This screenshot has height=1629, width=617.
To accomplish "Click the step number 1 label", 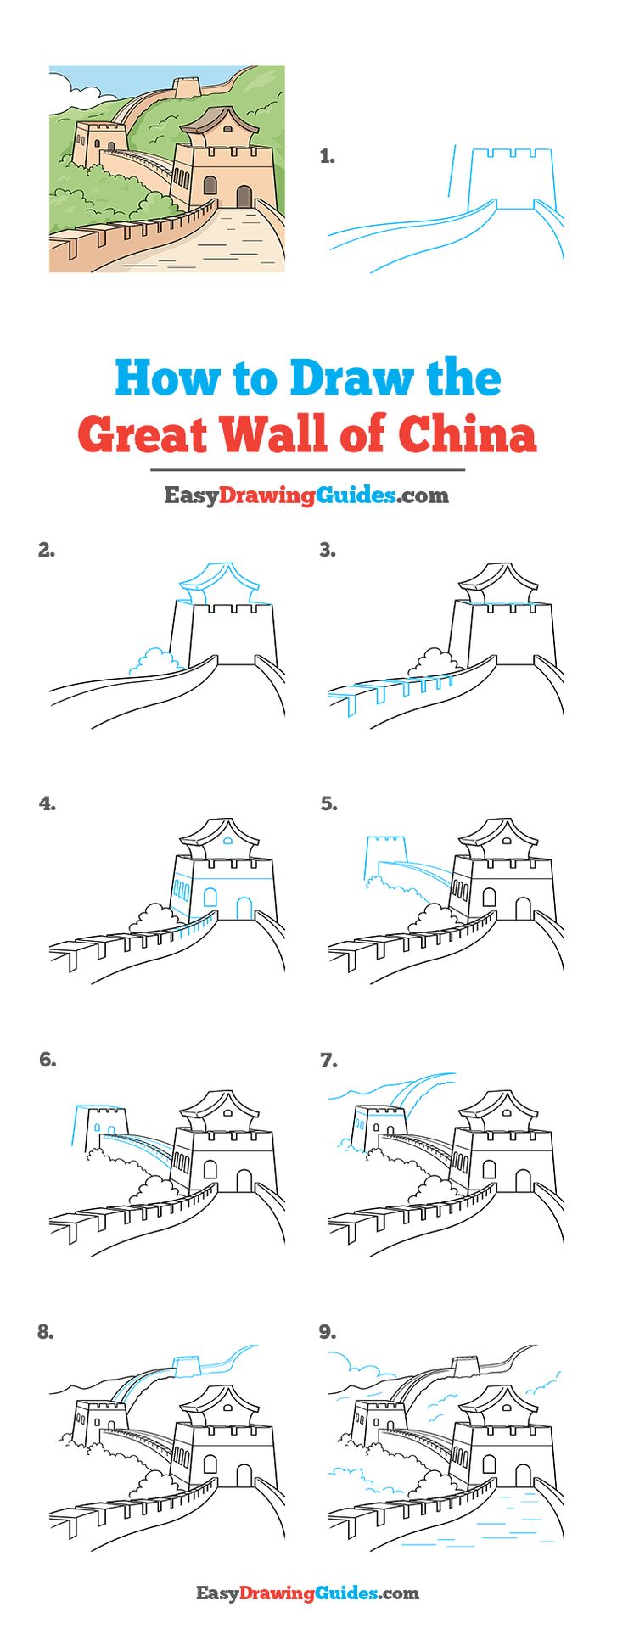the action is tap(327, 156).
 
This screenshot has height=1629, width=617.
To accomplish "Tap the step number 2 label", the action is tap(46, 550).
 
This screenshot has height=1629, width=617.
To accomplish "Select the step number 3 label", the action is tap(328, 550).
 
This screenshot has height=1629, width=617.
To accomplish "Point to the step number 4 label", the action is tap(47, 803).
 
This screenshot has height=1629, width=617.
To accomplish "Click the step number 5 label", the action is tap(328, 803).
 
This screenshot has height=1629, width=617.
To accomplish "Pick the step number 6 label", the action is tap(48, 1059).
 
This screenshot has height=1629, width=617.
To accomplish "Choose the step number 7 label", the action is tap(328, 1060).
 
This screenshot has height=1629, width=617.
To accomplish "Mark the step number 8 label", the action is tap(46, 1332).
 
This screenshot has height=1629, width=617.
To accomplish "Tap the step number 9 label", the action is tap(328, 1332).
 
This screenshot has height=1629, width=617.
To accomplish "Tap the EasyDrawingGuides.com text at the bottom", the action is tap(308, 1593).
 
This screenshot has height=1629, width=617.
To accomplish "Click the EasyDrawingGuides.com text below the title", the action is tap(306, 495).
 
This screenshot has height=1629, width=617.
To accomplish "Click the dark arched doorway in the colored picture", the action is tap(244, 197).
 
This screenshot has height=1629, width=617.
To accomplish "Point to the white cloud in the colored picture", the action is tap(66, 87).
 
